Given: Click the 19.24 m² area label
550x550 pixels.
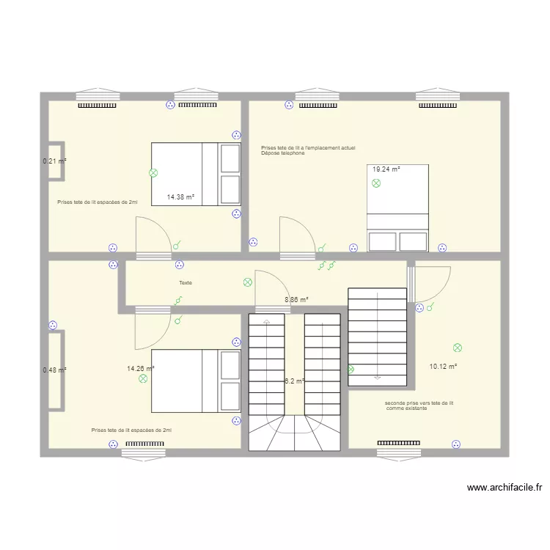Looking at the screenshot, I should coord(386,169).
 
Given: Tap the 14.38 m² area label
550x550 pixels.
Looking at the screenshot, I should coord(180,197).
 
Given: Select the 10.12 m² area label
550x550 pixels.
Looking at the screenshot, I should coord(443,367).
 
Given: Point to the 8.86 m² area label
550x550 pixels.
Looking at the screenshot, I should coord(296,299).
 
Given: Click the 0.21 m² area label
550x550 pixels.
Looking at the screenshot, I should coord(54,161).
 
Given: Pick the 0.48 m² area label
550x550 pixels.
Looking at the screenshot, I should coord(54,370).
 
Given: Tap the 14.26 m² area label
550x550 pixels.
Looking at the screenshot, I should coord(140,369).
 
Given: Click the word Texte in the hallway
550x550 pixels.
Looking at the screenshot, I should coord(185,282).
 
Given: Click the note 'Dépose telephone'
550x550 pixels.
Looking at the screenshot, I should coord(282,153).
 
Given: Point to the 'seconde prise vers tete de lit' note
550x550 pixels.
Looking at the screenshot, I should coord(419,403).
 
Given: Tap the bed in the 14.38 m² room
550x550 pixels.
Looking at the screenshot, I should coord(196,174).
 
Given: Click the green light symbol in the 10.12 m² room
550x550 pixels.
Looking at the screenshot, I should coord(458,347).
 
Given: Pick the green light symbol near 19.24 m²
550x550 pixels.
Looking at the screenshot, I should coord(376,183).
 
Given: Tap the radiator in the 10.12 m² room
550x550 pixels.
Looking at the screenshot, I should coord(398,443).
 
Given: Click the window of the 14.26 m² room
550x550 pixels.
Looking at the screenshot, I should coord(143,454).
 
